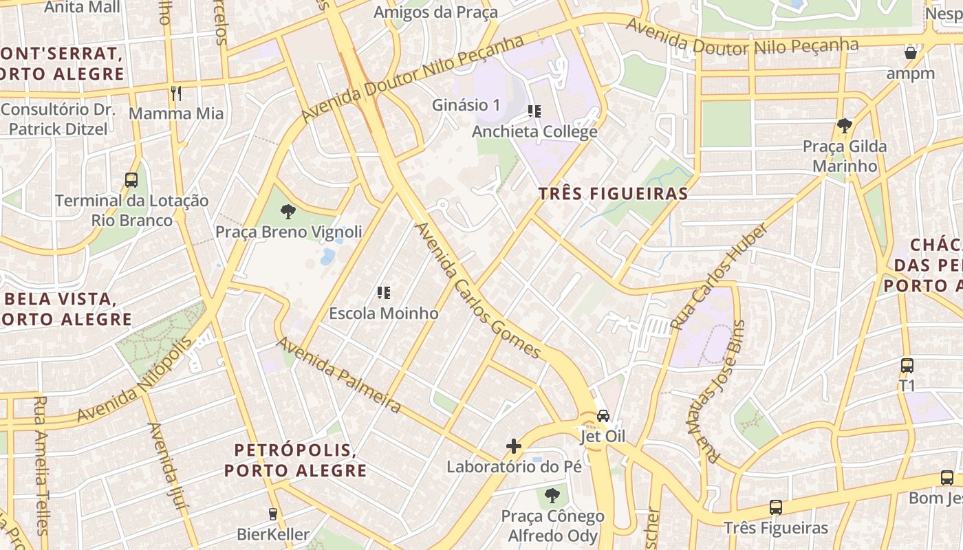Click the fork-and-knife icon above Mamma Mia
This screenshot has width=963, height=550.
(x=176, y=93)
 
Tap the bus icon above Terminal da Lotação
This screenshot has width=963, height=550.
(x=131, y=180)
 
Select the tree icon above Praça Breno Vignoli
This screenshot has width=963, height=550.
(x=288, y=211)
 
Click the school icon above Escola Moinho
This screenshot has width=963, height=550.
(x=384, y=293)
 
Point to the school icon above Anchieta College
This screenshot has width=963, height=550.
(x=534, y=111)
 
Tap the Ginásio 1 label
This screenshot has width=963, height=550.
(x=466, y=105)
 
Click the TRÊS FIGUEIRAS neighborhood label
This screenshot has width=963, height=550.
(x=613, y=194)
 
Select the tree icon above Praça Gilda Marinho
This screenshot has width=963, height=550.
(x=845, y=126)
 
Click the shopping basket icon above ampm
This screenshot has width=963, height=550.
(x=910, y=53)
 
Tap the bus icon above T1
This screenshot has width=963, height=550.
(x=907, y=366)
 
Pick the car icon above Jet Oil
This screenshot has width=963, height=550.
(x=603, y=416)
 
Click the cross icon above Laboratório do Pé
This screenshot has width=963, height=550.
(x=514, y=446)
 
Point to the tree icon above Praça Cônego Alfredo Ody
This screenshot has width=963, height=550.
(x=552, y=495)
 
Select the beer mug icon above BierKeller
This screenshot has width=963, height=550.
(x=273, y=514)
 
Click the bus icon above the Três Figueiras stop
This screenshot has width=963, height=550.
(x=776, y=507)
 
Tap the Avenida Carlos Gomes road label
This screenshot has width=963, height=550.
(x=478, y=289)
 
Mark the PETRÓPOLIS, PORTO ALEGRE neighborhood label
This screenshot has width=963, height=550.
(x=295, y=461)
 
